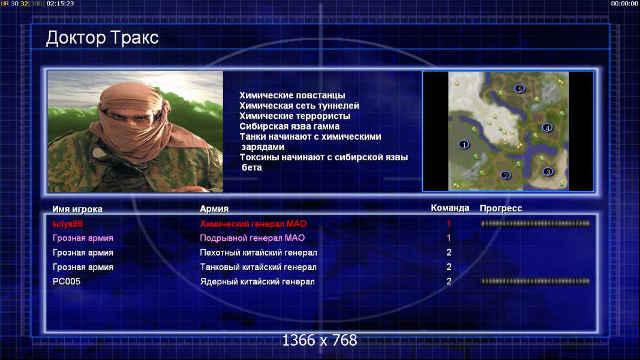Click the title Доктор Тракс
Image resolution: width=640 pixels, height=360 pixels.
click(x=102, y=38)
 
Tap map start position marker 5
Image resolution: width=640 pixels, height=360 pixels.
click(x=519, y=89)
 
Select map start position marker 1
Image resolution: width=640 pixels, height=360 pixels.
click(x=464, y=145)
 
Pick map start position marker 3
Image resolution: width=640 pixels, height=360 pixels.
click(x=548, y=172)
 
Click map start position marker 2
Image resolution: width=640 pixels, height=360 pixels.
click(x=506, y=176)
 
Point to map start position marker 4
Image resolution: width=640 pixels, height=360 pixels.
click(x=548, y=128)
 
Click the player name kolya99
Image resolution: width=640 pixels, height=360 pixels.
click(x=67, y=224)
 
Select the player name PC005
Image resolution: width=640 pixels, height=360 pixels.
click(x=67, y=281)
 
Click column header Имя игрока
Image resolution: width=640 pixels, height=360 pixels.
click(x=77, y=209)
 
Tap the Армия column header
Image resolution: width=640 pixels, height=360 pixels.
click(x=214, y=209)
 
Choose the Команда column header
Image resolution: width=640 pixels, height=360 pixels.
click(x=450, y=208)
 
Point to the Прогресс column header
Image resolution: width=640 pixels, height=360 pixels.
click(x=501, y=208)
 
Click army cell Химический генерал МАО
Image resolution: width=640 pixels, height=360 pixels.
click(x=253, y=224)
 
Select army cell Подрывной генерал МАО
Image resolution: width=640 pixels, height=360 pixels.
click(x=253, y=238)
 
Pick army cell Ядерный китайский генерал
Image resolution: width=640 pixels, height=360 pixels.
click(x=257, y=281)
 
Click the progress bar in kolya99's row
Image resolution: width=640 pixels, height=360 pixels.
click(x=536, y=224)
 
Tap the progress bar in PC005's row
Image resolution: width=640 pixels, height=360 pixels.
click(x=536, y=281)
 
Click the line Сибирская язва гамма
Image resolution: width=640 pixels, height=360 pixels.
click(x=289, y=127)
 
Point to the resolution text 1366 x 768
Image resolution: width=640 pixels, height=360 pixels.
click(x=320, y=340)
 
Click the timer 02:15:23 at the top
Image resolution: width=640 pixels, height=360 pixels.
click(x=61, y=4)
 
